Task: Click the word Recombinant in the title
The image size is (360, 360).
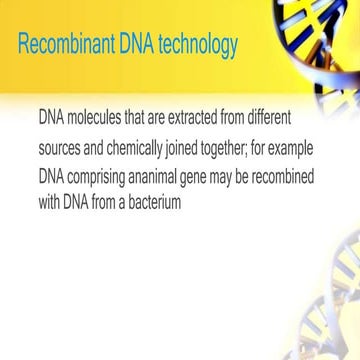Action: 64,46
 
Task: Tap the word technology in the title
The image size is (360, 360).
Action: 195,46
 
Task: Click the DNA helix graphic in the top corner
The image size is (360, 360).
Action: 320,40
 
